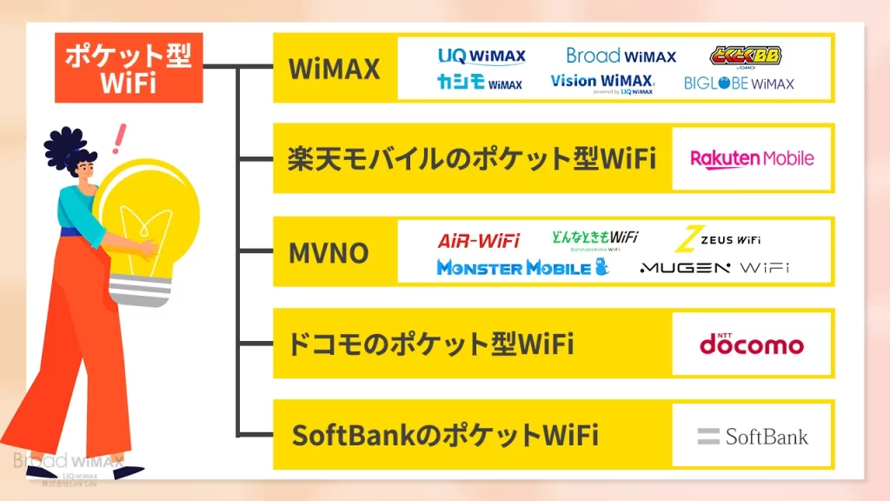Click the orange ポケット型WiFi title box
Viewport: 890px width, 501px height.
click(129, 68)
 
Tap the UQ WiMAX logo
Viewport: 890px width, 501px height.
click(482, 57)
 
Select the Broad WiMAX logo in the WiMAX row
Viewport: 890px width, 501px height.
click(621, 57)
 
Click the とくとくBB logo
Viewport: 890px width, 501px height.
click(745, 57)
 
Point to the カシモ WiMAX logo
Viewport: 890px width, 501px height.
click(479, 83)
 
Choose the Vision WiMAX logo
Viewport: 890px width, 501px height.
click(602, 83)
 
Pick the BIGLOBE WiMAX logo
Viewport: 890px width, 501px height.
click(739, 83)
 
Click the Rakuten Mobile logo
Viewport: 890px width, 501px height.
click(752, 158)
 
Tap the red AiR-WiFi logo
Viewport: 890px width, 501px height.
click(478, 239)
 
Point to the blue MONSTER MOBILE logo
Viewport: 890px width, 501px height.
click(522, 267)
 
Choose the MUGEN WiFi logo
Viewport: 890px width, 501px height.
click(714, 268)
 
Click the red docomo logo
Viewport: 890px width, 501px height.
click(752, 343)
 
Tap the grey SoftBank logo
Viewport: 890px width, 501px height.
click(753, 436)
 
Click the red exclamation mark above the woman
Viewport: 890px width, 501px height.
click(119, 138)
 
